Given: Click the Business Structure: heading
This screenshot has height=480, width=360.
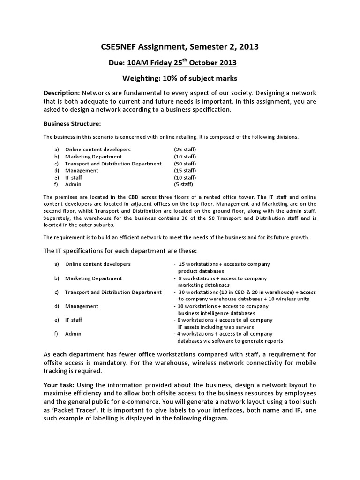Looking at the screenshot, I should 72,124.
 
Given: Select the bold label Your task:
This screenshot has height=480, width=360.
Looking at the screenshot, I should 60,384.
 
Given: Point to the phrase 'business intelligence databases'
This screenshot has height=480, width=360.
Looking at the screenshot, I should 217,313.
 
